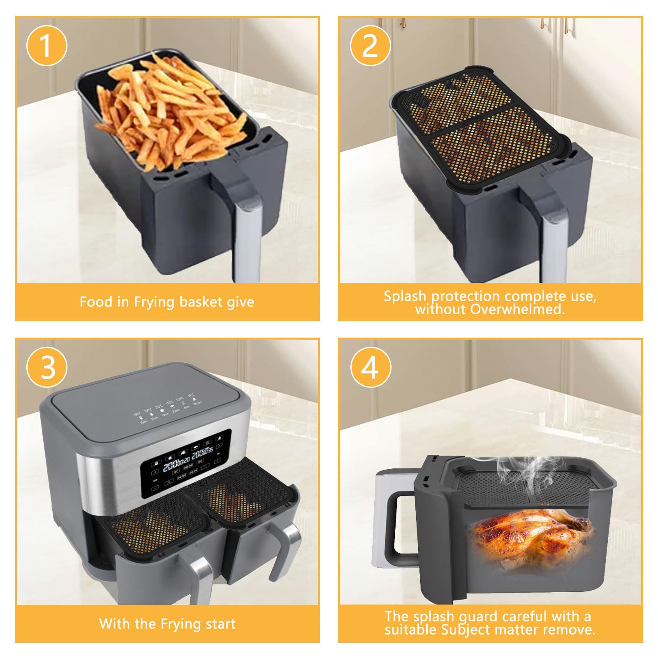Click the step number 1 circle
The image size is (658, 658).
pos(46,46)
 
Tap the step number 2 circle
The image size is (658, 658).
pos(370,46)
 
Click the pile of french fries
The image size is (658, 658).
pos(164,111)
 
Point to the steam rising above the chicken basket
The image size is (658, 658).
pos(522,473)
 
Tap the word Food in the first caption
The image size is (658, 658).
pos(96,302)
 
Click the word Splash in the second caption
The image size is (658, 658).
pos(405,296)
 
